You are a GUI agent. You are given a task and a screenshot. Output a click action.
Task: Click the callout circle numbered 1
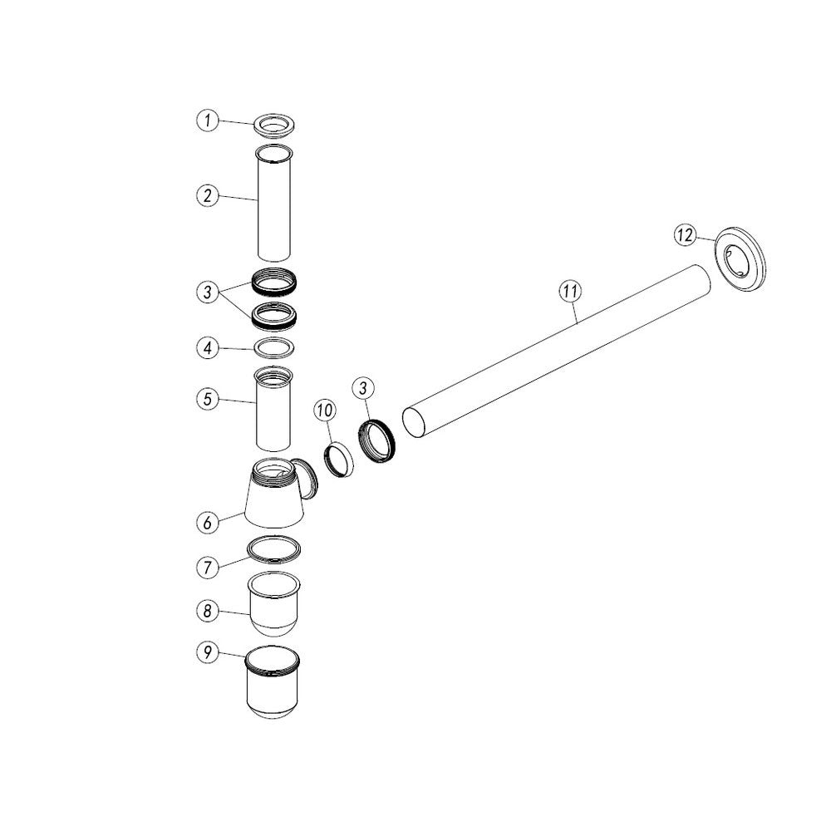208,120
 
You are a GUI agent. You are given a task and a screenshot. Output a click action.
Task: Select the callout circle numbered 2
208,195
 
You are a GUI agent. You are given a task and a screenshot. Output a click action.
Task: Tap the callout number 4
208,348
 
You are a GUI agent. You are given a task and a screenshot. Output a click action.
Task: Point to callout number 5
208,399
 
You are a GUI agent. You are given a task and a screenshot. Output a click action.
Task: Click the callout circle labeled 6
208,523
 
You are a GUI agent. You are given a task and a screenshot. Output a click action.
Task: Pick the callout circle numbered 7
208,568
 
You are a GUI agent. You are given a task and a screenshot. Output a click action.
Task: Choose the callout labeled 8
208,611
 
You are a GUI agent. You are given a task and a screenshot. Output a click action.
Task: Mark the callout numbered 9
208,652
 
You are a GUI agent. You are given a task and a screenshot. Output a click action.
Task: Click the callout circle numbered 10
325,410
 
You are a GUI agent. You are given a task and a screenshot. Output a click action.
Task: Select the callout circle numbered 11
570,291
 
